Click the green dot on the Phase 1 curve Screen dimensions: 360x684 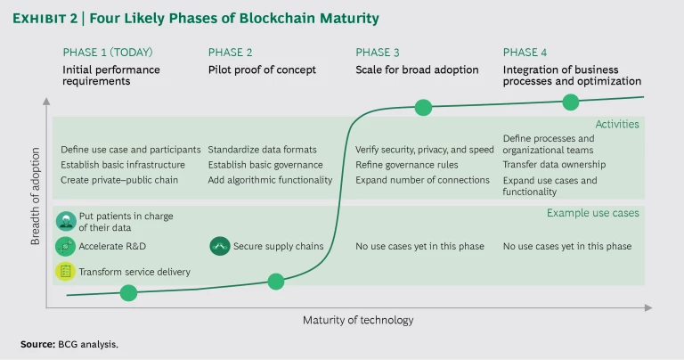tap(128, 292)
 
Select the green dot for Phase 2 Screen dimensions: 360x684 tap(276, 282)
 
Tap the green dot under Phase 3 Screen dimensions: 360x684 tap(423, 108)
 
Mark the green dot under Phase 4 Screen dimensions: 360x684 tap(571, 102)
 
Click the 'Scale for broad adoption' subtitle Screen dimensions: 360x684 tap(417, 69)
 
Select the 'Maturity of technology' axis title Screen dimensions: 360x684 tap(358, 320)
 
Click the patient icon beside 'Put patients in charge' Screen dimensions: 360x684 tap(65, 220)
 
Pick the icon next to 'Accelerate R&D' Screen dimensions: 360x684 tap(65, 246)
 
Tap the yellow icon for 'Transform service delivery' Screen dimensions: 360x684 tap(65, 271)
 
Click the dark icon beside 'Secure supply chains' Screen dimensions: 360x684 tap(219, 246)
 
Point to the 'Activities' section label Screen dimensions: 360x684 tap(617, 125)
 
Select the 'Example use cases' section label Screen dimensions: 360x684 tap(593, 212)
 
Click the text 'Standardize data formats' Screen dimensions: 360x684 tap(262, 150)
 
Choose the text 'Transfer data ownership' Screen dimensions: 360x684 tap(554, 164)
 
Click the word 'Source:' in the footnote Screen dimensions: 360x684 tap(38, 344)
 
